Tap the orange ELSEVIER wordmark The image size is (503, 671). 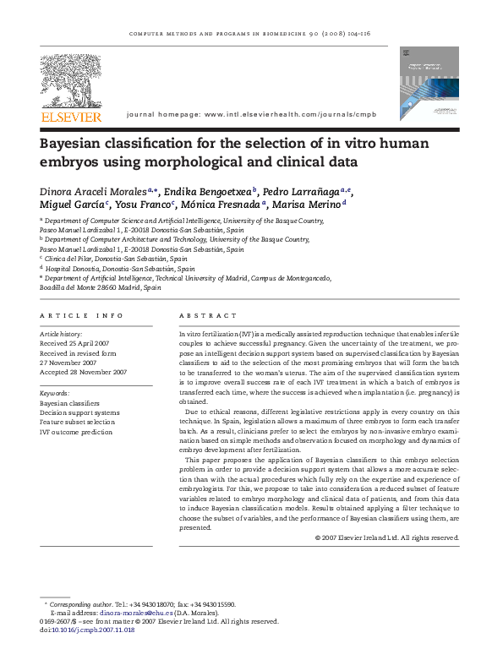coord(71,117)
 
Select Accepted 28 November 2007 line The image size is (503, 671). coord(83,372)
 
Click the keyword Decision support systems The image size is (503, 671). coord(80,412)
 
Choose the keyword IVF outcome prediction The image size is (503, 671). coord(75,432)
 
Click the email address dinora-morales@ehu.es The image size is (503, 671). coord(134,613)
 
